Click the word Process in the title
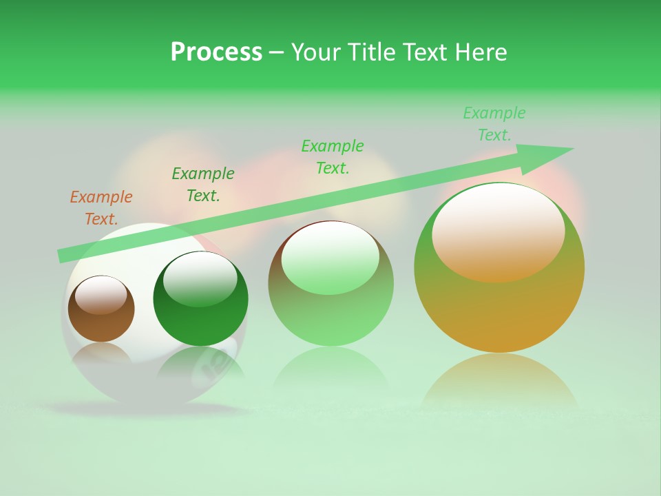click(216, 52)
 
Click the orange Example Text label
click(101, 208)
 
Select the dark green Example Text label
click(203, 185)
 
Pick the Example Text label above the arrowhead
click(494, 124)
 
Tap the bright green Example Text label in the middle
click(333, 156)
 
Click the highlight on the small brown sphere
click(101, 295)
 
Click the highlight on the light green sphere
click(330, 257)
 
